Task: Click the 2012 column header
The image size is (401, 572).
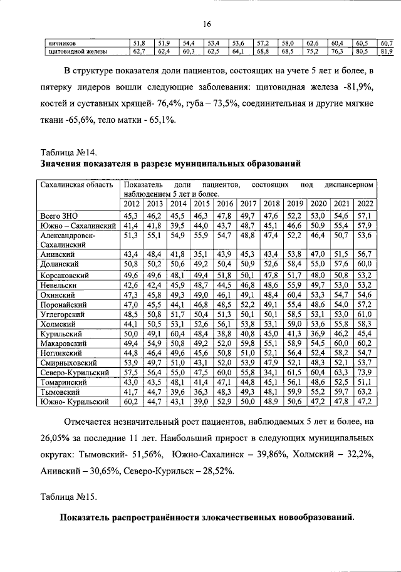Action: point(132,204)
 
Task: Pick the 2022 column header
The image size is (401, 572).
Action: point(365,204)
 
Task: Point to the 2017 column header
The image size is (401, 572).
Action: point(249,204)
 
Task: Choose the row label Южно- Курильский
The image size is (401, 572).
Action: point(70,401)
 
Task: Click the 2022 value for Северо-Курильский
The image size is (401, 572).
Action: point(365,372)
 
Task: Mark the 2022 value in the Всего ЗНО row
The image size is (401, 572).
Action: point(365,216)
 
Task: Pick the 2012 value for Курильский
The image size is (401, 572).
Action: point(132,333)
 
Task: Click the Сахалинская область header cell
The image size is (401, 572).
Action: point(76,185)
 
